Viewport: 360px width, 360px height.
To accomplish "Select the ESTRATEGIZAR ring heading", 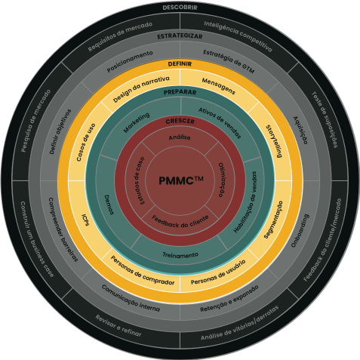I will (x=180, y=35).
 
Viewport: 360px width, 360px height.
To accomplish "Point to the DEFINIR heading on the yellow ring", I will (x=180, y=64).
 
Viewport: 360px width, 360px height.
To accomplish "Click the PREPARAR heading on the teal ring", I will (x=180, y=92).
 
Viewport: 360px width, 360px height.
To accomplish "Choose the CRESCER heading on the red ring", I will (x=180, y=121).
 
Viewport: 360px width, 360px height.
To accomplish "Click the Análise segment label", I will (x=180, y=137).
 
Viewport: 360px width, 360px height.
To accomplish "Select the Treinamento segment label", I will (x=180, y=255).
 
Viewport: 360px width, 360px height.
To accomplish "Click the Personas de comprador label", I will (x=143, y=272).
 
